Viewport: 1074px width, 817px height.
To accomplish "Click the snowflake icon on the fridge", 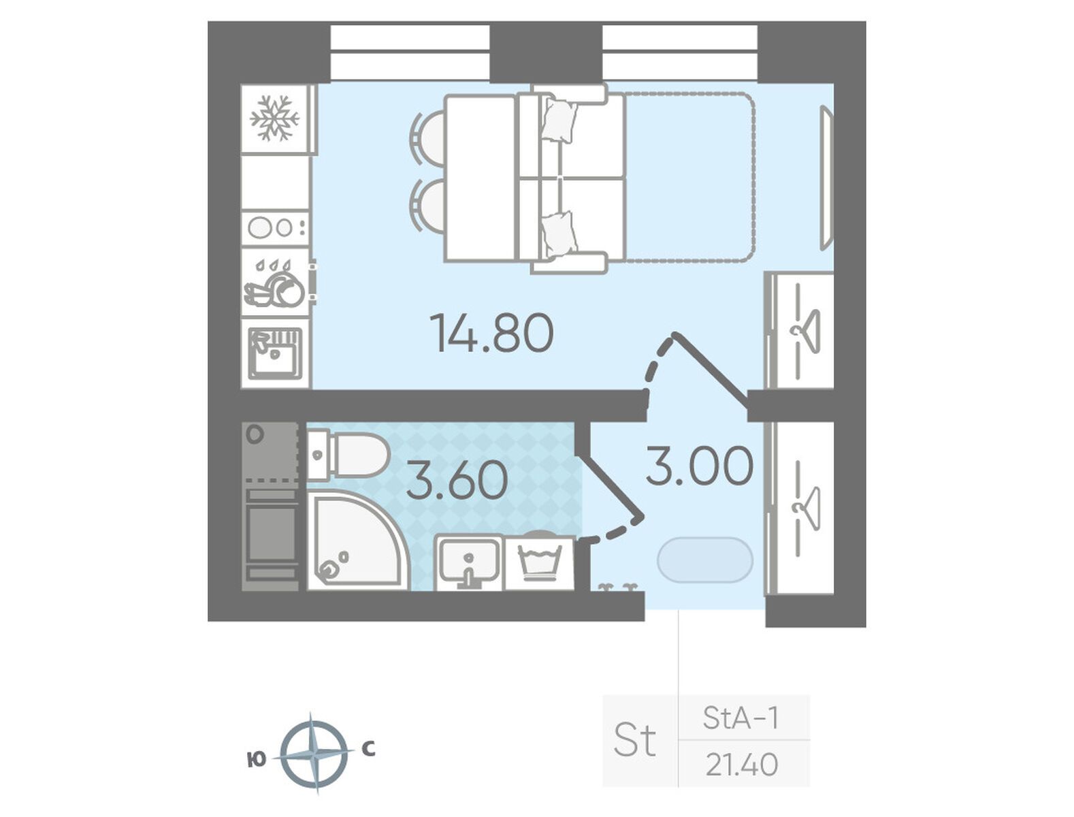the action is [x=274, y=118].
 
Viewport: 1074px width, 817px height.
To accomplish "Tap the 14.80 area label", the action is [x=491, y=334].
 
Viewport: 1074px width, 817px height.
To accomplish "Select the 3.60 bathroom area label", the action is [x=457, y=481].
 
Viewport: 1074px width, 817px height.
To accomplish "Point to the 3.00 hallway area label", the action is [x=699, y=466].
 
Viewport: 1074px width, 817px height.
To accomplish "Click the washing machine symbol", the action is [x=539, y=563].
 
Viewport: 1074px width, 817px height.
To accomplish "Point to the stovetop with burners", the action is [x=275, y=227].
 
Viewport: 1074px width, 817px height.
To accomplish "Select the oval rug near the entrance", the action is [x=705, y=560].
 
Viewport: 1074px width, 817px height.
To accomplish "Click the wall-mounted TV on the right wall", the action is [x=826, y=178].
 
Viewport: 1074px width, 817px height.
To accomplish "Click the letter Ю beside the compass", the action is [x=257, y=759].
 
